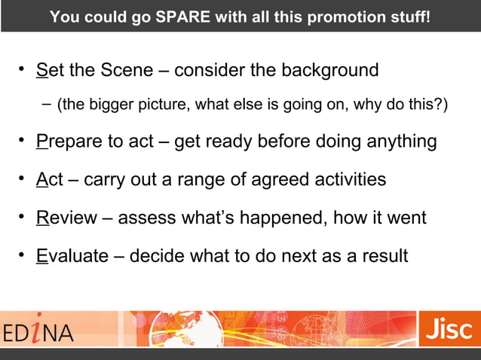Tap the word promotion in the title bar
coord(346,16)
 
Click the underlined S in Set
coord(41,72)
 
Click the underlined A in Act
coord(41,180)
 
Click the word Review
coord(67,218)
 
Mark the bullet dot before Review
coord(23,218)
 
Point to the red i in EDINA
coord(47,329)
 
